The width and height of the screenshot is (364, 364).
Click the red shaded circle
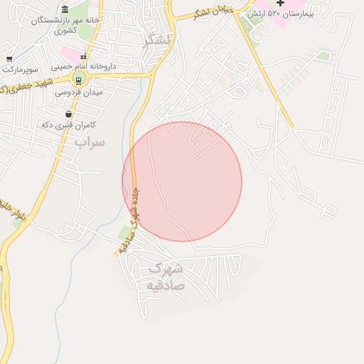[x=182, y=182]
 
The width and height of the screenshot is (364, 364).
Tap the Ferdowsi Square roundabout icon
[x=79, y=79]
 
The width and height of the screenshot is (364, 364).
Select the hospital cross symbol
[x=280, y=4]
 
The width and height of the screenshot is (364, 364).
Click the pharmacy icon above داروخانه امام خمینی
[x=83, y=55]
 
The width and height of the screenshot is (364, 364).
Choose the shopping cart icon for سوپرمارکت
[x=9, y=59]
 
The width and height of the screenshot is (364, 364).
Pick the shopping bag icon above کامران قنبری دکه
[x=68, y=114]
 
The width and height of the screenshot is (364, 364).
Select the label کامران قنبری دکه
[x=68, y=125]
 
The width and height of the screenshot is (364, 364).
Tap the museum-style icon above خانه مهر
[x=65, y=9]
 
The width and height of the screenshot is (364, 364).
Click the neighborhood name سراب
[x=90, y=142]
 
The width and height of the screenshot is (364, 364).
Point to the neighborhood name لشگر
[x=156, y=40]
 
